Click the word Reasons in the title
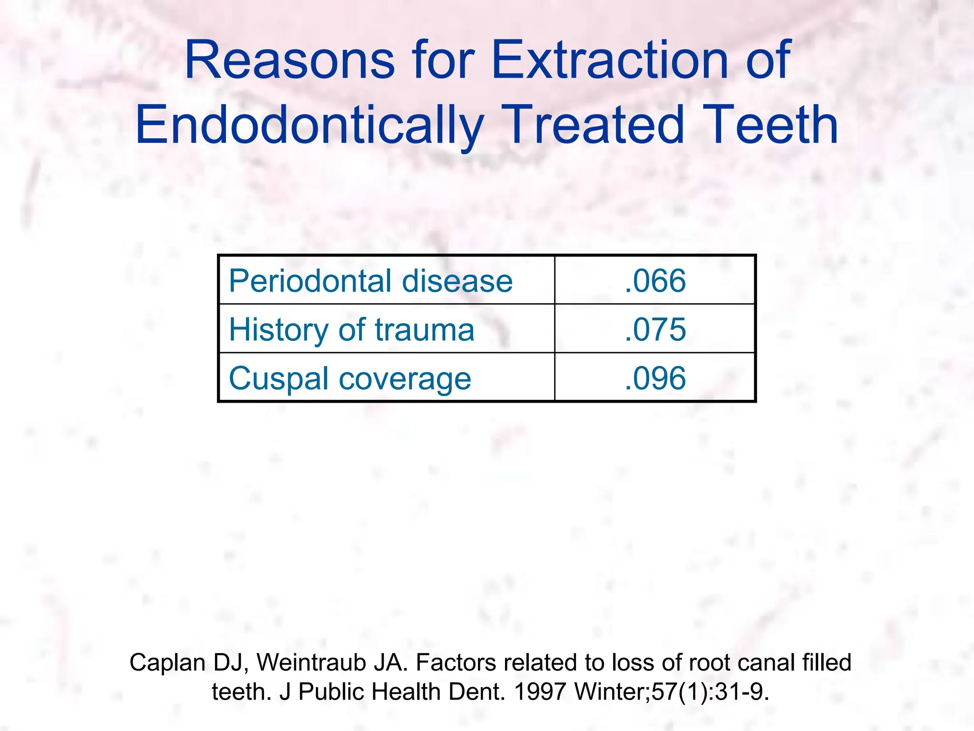pyautogui.click(x=289, y=60)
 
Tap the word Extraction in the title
pyautogui.click(x=609, y=60)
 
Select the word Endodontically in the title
pyautogui.click(x=310, y=125)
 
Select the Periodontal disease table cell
pyautogui.click(x=370, y=281)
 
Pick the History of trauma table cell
pyautogui.click(x=351, y=329)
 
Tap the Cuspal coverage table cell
pyautogui.click(x=350, y=378)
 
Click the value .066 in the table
pyautogui.click(x=655, y=281)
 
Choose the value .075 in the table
pyautogui.click(x=655, y=329)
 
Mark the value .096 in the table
pyautogui.click(x=655, y=378)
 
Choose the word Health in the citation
pyautogui.click(x=406, y=691)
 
